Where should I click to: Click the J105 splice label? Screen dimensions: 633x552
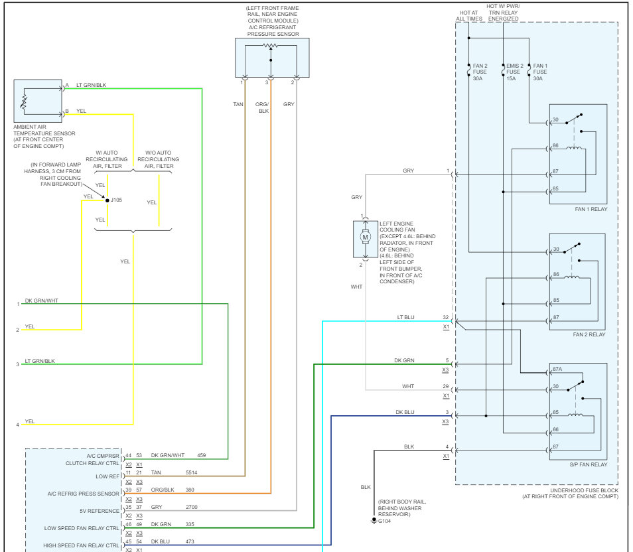tap(116, 200)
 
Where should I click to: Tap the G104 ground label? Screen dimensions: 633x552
tap(384, 521)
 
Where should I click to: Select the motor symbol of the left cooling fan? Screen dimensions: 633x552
tap(366, 237)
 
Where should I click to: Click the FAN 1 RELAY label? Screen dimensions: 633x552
tap(591, 209)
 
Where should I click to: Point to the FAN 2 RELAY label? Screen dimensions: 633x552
tap(589, 334)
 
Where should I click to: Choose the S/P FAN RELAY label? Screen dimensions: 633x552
tap(589, 464)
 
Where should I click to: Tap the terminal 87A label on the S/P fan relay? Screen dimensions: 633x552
tap(557, 369)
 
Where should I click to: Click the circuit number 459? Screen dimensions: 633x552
tap(202, 455)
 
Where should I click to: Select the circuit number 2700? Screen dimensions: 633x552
tap(192, 507)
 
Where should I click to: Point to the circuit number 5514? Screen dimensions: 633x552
tap(191, 472)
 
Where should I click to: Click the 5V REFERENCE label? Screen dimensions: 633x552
tap(100, 511)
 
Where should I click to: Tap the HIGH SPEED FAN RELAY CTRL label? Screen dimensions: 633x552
tap(81, 545)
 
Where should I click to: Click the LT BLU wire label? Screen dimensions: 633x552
tap(405, 317)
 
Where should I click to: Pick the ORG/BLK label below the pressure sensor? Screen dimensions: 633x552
tap(262, 107)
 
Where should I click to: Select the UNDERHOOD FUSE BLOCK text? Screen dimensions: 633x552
tap(584, 490)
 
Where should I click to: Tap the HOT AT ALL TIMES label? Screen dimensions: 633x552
tap(469, 16)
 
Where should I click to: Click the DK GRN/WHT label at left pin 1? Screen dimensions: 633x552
tap(42, 301)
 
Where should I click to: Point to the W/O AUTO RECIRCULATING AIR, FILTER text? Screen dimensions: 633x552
tap(158, 159)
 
